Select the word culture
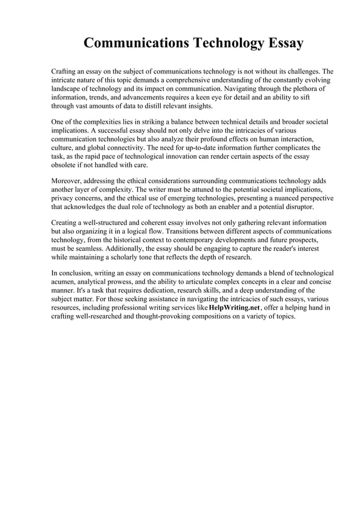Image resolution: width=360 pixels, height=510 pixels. (63, 148)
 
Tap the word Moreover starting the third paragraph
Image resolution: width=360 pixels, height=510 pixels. (68, 181)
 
